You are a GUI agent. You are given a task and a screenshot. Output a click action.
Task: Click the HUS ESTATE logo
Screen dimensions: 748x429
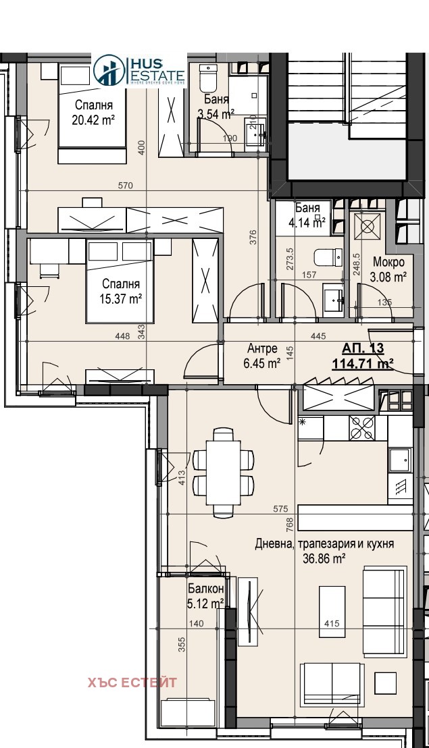pyautogui.click(x=138, y=70)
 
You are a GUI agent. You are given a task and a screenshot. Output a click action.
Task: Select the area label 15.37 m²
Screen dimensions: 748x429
pyautogui.click(x=121, y=297)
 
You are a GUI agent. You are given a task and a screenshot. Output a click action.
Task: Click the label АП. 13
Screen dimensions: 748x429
pyautogui.click(x=363, y=348)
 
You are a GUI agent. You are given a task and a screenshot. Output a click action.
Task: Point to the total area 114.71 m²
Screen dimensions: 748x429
pyautogui.click(x=363, y=364)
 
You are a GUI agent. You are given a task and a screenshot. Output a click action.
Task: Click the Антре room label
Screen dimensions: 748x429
pyautogui.click(x=262, y=349)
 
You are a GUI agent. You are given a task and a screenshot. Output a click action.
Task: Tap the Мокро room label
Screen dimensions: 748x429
pyautogui.click(x=389, y=262)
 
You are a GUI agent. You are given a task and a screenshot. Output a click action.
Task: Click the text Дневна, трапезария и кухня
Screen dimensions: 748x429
pyautogui.click(x=324, y=543)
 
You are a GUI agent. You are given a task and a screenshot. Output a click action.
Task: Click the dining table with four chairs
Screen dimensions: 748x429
pyautogui.click(x=223, y=473)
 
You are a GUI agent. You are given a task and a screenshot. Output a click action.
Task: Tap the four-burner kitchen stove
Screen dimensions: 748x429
pyautogui.click(x=361, y=427)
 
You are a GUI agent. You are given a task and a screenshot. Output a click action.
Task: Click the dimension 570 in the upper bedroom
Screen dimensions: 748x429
pyautogui.click(x=126, y=186)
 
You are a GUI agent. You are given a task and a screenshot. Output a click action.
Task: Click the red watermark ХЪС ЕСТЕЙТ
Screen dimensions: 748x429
pyautogui.click(x=132, y=683)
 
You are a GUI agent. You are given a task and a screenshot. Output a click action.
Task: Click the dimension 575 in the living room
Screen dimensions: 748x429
pyautogui.click(x=281, y=508)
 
